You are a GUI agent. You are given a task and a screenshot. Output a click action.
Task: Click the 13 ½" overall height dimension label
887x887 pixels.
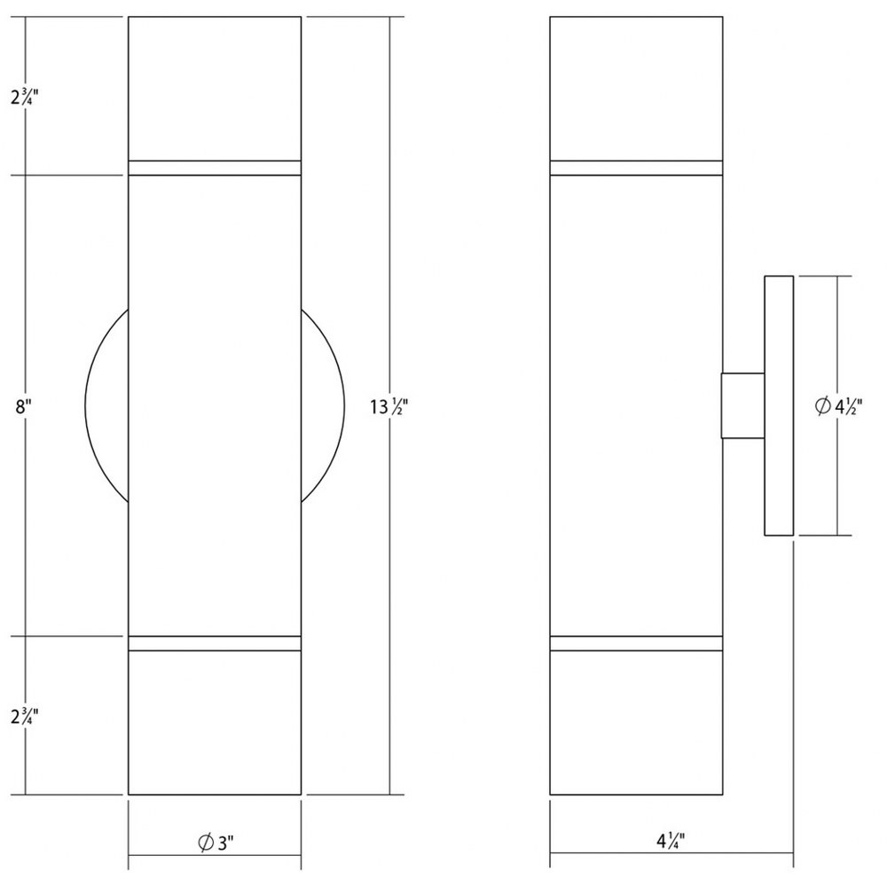pos(389,406)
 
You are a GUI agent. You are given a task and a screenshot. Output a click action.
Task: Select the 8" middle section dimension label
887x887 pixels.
pos(22,406)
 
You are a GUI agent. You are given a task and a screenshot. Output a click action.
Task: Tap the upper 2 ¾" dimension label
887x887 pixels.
pos(24,97)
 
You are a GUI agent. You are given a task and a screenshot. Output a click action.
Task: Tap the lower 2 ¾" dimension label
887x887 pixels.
pos(24,716)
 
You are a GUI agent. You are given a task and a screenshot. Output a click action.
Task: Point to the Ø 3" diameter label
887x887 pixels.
pos(216,843)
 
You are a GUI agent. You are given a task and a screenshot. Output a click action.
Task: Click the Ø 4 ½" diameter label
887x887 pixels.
pos(838,405)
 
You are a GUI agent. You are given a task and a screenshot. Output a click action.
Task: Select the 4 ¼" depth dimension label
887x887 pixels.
pos(671,841)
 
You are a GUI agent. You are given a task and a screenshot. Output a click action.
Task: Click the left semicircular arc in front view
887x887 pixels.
pos(85,405)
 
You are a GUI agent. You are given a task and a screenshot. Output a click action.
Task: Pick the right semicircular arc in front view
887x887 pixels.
pos(344,405)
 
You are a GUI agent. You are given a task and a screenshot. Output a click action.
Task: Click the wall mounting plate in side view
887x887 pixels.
pos(779,405)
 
